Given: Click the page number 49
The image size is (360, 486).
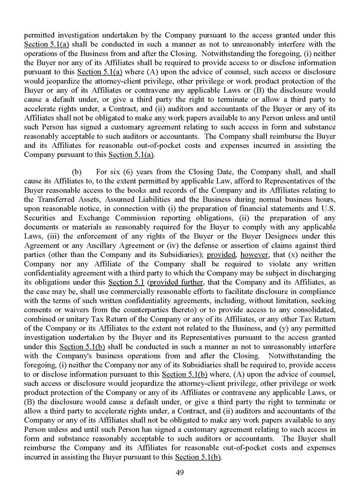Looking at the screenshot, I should coord(180,473).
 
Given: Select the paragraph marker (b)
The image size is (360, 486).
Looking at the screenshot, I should coord(76,171).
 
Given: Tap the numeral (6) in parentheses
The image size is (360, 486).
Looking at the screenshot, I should coord(126,171).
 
